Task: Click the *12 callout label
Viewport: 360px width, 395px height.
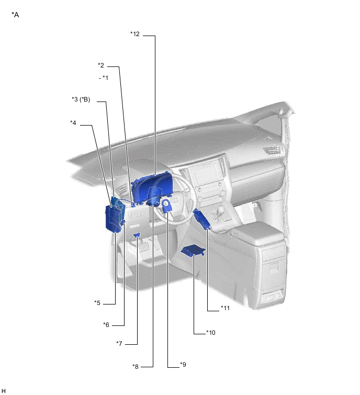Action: (135, 34)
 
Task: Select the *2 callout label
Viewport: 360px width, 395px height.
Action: (101, 65)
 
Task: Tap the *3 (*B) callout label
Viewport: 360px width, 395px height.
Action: (81, 99)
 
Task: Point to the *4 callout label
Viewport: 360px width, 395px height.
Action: (73, 123)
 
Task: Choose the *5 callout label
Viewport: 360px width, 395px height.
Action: (97, 303)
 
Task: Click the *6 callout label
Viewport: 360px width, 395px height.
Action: (106, 325)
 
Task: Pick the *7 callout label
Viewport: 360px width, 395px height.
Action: (119, 344)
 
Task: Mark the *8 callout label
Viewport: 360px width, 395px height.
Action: (136, 367)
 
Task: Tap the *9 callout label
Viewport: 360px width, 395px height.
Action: (183, 365)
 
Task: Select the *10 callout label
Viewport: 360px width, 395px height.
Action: (211, 333)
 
